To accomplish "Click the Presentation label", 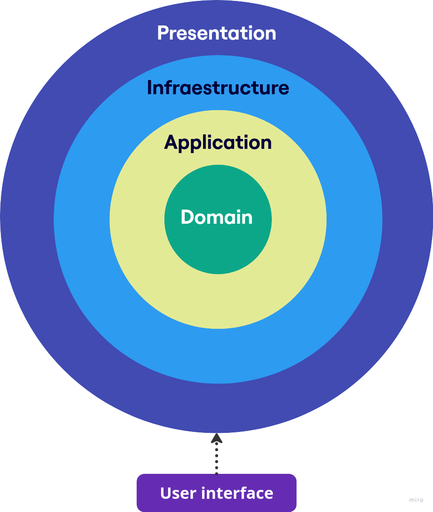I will click(216, 33).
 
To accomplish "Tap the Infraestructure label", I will click(218, 88).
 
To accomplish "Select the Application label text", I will click(218, 142).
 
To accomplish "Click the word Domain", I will click(216, 217).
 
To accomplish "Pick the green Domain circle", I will click(218, 250).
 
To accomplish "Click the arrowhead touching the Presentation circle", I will click(216, 439).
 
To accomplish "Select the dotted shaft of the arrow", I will click(216, 459).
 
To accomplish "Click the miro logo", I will click(416, 500).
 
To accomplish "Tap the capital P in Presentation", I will click(163, 33).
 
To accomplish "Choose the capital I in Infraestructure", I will click(150, 88).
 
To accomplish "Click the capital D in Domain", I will click(187, 217).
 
